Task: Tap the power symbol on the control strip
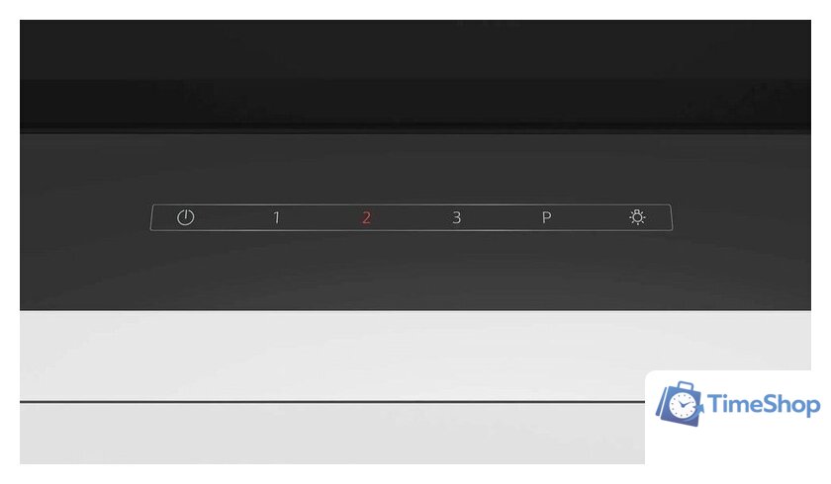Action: pyautogui.click(x=186, y=217)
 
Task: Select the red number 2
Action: pyautogui.click(x=366, y=218)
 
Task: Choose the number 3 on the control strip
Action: pyautogui.click(x=457, y=218)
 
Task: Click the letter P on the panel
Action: pyautogui.click(x=547, y=218)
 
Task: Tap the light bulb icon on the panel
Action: pyautogui.click(x=637, y=217)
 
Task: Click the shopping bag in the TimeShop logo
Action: pyautogui.click(x=679, y=404)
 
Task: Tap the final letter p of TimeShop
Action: pyautogui.click(x=813, y=408)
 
